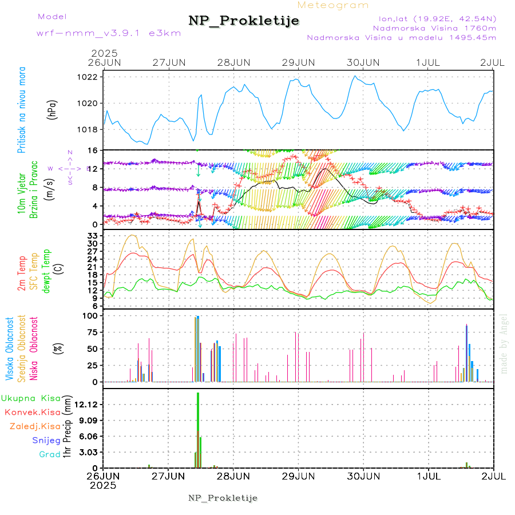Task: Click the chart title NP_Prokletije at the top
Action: [x=244, y=21]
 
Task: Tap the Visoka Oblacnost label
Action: [x=10, y=349]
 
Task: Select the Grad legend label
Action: [x=50, y=454]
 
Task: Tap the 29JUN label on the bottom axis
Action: [x=298, y=475]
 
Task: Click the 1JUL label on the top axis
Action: [x=428, y=62]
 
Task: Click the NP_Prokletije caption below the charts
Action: [x=223, y=498]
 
